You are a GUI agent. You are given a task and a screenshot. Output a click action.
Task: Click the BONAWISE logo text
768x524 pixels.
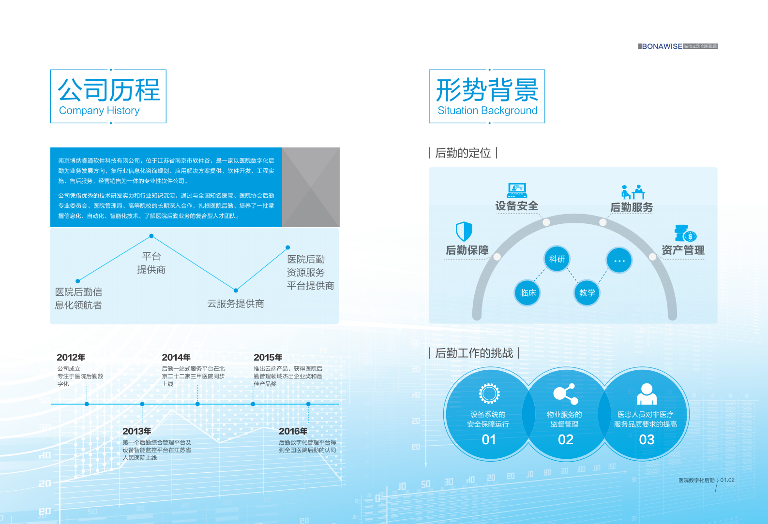[x=662, y=46]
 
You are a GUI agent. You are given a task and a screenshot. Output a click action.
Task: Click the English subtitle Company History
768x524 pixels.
[x=99, y=111]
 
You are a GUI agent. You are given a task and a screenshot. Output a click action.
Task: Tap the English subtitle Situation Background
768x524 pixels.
[x=487, y=111]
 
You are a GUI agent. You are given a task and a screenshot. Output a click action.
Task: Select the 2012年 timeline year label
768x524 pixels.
[x=71, y=357]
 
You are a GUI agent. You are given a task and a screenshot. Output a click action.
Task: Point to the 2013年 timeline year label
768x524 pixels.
[x=136, y=431]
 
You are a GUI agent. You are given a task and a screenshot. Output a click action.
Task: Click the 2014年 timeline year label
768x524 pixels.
[x=176, y=357]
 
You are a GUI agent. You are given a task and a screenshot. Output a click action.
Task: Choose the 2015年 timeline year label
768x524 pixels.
[x=268, y=357]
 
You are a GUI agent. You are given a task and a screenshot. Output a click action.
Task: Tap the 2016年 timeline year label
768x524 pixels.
[x=293, y=431]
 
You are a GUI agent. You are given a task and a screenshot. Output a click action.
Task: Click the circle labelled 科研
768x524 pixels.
[x=557, y=259]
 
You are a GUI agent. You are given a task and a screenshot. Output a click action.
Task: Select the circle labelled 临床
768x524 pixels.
[x=527, y=293]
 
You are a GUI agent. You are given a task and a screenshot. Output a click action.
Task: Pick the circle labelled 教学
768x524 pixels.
[x=587, y=293]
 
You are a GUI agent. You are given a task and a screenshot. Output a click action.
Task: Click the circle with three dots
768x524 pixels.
[x=619, y=261]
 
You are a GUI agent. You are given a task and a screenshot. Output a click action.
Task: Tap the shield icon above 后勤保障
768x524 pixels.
[x=464, y=232]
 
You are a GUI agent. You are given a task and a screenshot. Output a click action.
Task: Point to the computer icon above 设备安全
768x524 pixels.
[x=517, y=190]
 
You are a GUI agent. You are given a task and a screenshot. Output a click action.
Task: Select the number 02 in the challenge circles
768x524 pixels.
[x=565, y=440]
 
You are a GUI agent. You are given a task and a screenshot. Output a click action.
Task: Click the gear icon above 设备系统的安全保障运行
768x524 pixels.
[x=489, y=393]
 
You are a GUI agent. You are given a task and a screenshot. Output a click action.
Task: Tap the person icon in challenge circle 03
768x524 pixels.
[x=647, y=394]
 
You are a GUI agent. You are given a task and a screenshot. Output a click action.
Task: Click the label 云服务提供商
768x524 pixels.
[x=236, y=304]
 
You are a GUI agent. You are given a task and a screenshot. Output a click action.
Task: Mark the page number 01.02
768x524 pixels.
[x=727, y=480]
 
